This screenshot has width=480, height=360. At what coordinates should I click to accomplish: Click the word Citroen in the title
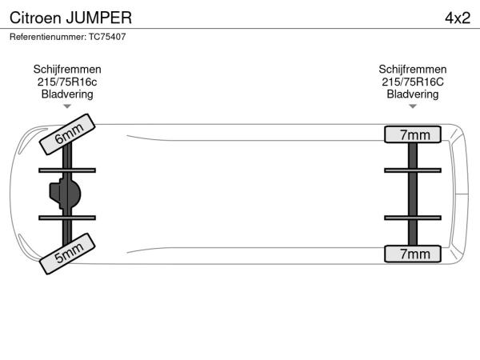click(x=33, y=18)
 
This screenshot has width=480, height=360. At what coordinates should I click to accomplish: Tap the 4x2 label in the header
click(x=457, y=18)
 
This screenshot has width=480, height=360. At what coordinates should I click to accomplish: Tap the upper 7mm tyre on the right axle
click(x=413, y=134)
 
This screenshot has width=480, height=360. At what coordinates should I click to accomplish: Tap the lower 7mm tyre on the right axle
click(x=413, y=254)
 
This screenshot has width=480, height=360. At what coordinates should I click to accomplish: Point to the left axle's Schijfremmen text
click(x=67, y=70)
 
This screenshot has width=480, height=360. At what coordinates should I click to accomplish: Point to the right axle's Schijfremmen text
click(x=413, y=70)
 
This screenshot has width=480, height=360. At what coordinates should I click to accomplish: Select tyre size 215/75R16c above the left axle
click(x=67, y=82)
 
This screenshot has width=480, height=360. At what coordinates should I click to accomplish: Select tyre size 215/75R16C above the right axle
click(x=413, y=82)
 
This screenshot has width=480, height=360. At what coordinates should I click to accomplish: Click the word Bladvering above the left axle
click(x=67, y=94)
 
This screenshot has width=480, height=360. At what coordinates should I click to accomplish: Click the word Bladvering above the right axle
click(x=413, y=94)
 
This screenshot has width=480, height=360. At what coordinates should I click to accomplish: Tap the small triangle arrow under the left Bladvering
click(x=67, y=106)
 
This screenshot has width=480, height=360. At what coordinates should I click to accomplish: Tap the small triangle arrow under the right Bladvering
click(x=413, y=106)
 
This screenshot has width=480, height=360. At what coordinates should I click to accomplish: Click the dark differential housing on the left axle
click(x=66, y=193)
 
